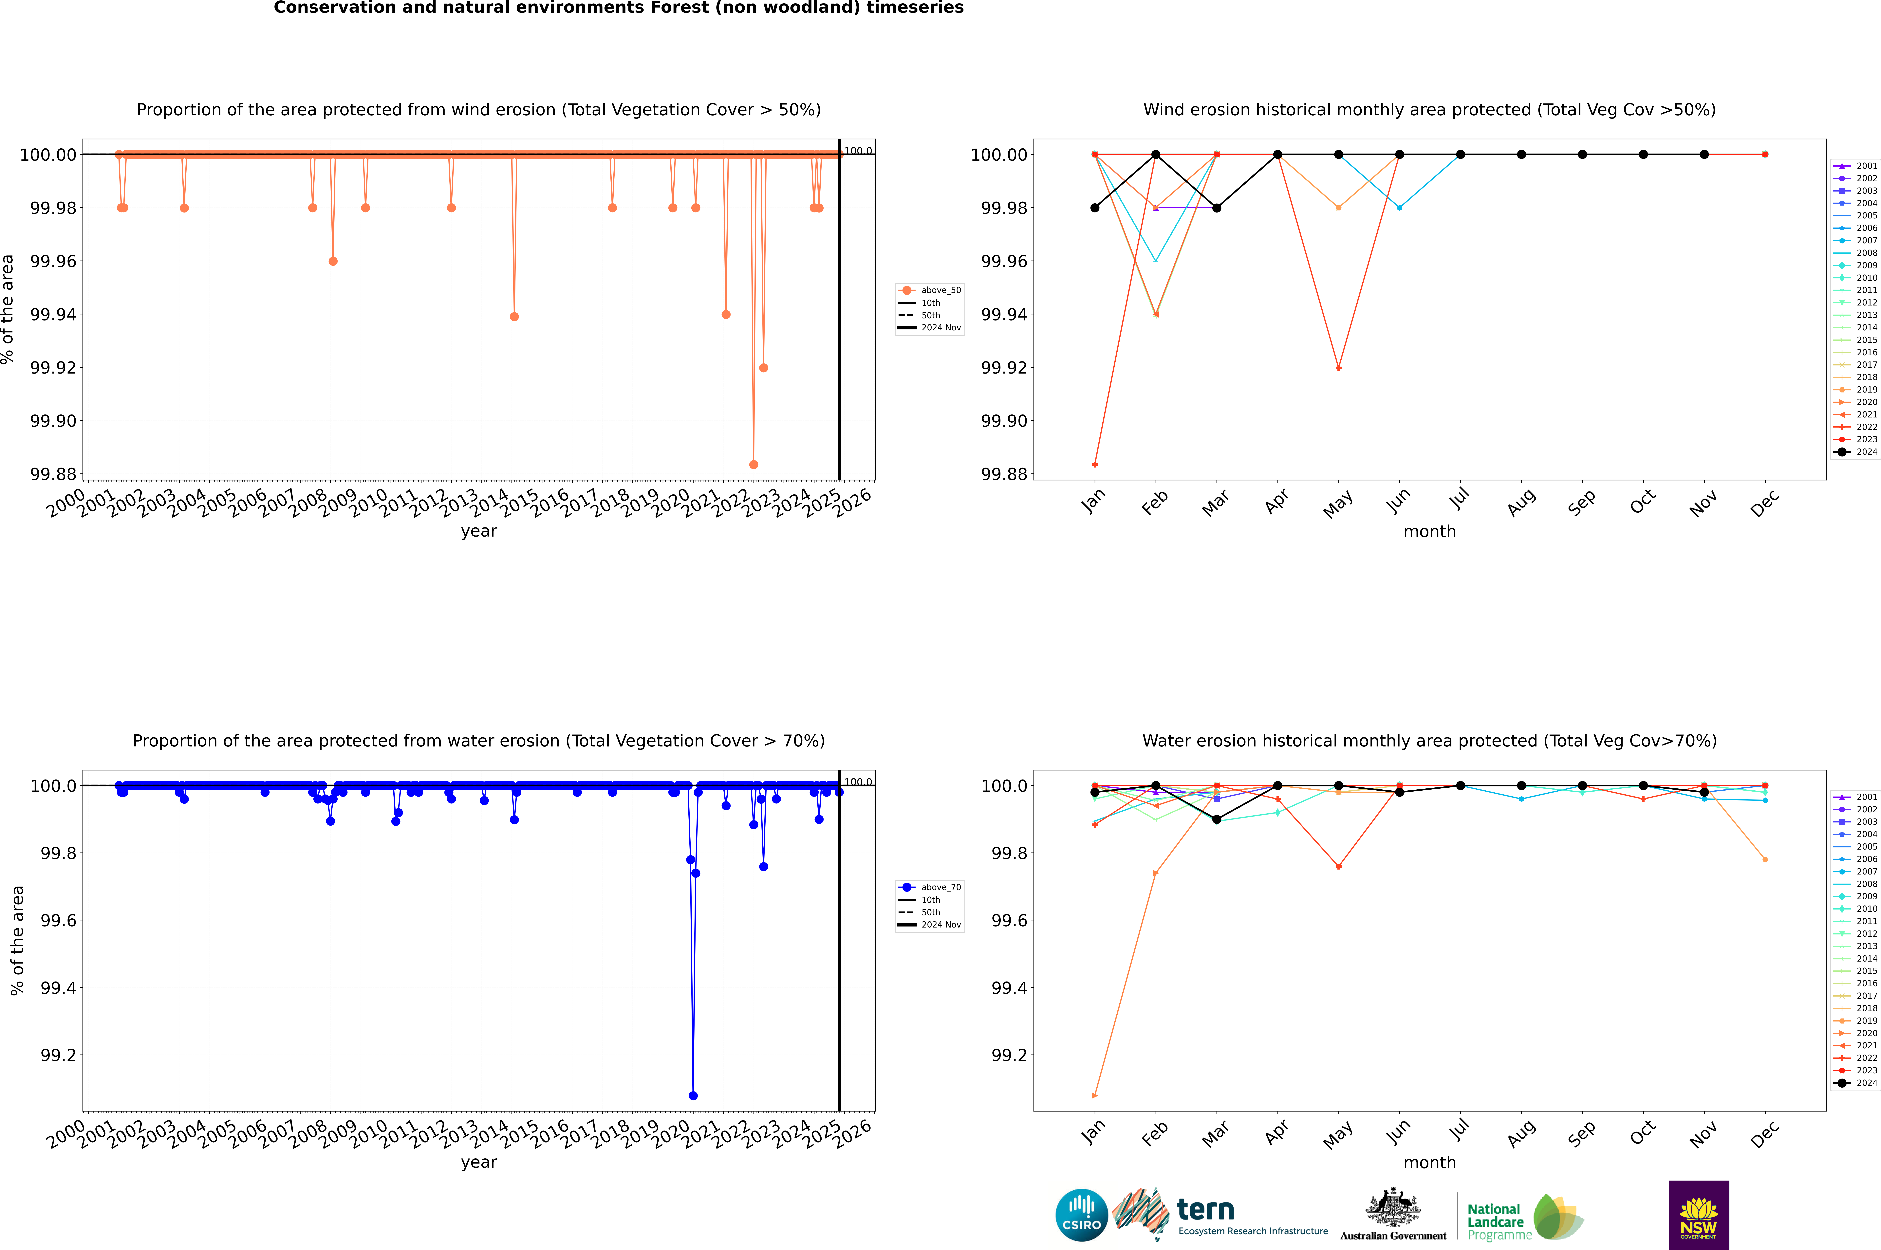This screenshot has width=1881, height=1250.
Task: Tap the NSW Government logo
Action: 1698,1215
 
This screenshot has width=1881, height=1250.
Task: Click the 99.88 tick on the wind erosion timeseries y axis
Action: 53,474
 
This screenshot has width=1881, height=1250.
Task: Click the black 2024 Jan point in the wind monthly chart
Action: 1095,208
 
